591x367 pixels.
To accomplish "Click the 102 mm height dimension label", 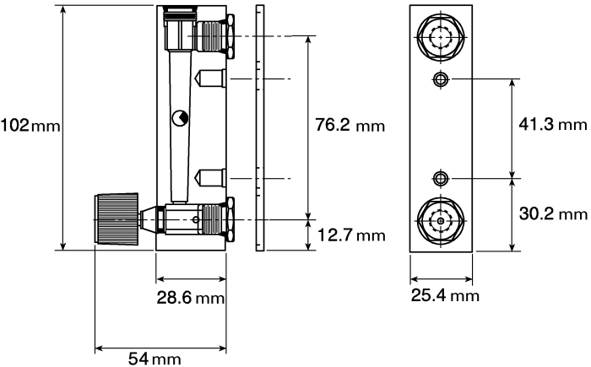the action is point(30,126).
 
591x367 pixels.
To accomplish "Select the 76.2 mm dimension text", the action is point(350,125).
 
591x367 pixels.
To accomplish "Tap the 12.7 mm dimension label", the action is point(351,235).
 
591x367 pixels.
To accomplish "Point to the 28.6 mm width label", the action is point(191,298).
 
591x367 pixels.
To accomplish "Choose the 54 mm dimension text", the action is point(155,358).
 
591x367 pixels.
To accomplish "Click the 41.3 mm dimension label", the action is point(553,124).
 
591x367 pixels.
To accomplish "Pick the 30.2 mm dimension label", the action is point(553,213).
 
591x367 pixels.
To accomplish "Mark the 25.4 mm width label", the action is point(445,295).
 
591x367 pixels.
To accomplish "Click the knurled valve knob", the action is point(117,219).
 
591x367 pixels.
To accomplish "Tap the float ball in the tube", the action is point(180,118).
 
